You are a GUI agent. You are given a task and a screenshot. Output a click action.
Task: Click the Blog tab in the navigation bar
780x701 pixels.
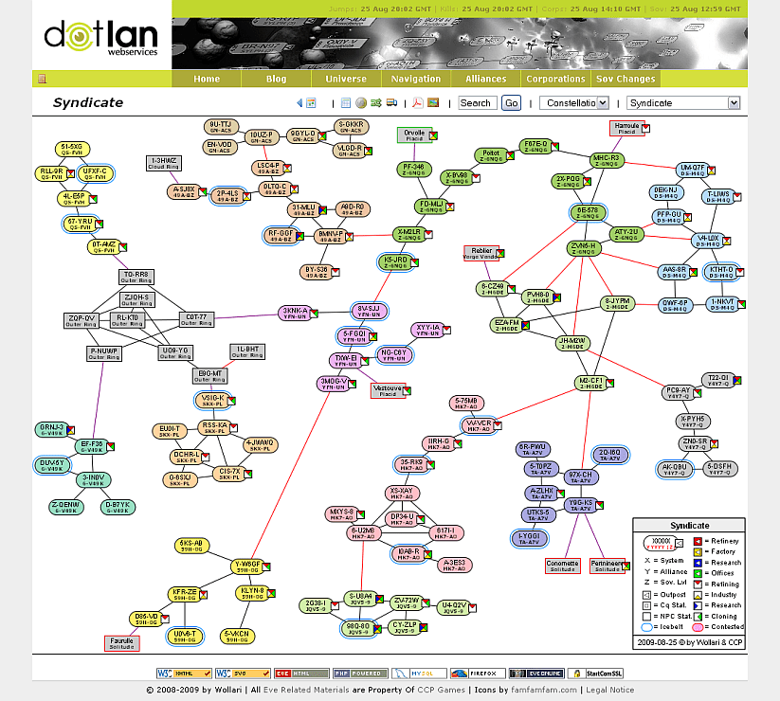(276, 79)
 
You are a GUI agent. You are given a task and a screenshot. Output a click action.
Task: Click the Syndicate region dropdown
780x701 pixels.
(682, 103)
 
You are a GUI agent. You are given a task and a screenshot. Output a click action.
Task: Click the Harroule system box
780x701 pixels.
(627, 127)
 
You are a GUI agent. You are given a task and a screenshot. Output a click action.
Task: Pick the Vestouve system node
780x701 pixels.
(388, 390)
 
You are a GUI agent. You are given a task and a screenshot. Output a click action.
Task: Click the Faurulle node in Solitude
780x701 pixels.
(121, 643)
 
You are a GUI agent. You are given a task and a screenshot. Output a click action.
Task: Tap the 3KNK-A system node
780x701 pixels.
(295, 313)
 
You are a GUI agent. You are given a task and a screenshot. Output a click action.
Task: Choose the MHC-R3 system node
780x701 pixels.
(606, 160)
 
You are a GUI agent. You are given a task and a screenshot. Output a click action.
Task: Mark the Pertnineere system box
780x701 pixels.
(608, 566)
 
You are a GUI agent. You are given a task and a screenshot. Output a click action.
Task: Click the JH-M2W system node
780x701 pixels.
(572, 343)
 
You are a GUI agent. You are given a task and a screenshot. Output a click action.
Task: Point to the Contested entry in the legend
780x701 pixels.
(719, 627)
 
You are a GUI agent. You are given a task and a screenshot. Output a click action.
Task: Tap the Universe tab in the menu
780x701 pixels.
(345, 79)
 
